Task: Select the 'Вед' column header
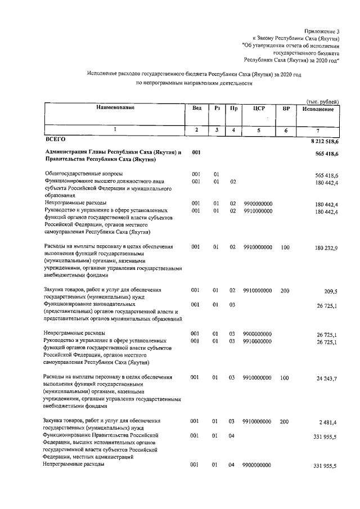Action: click(196, 108)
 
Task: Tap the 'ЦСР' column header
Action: click(258, 108)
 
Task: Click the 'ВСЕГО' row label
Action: click(55, 138)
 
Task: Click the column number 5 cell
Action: click(258, 130)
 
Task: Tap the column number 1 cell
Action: click(115, 130)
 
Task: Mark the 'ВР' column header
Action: click(286, 108)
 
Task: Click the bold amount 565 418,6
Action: click(323, 154)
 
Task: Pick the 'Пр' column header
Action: click(233, 108)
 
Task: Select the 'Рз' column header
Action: click(216, 108)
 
